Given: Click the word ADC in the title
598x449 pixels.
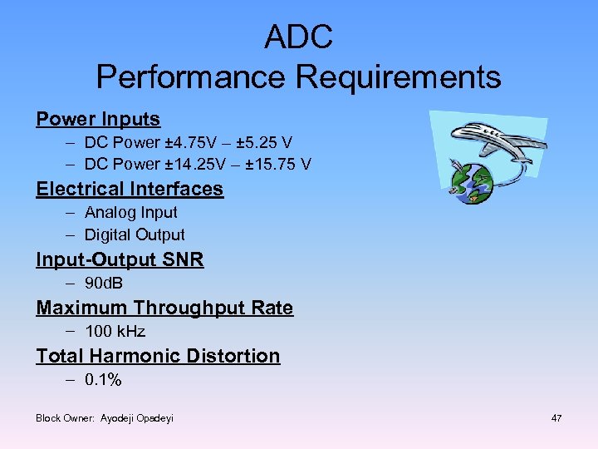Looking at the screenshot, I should pos(298,37).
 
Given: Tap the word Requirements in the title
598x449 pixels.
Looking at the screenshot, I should pos(399,77).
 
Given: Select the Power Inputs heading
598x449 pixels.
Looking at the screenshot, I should pos(98,119).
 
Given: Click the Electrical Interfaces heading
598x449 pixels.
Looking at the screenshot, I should pos(130,189).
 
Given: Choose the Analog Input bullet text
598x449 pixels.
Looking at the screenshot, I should pos(131,212).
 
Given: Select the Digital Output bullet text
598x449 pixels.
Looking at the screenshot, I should pos(135,234).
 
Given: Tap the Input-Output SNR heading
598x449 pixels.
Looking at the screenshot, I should pos(120,259).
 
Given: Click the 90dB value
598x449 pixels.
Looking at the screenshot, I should pos(104,284).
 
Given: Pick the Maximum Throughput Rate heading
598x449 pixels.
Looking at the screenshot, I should pos(164,308).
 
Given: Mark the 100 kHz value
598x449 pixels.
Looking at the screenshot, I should pos(115,331).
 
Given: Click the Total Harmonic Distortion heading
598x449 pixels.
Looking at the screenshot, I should pos(158,356).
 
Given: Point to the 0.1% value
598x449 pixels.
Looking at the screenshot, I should pos(103,380).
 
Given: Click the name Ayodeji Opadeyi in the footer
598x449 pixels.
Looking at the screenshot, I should pos(137,418).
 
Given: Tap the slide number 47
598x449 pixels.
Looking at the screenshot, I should pos(556,418).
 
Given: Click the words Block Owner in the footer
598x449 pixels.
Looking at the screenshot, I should pos(65,418).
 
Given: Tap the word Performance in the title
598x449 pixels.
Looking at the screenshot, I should pos(191,77).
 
